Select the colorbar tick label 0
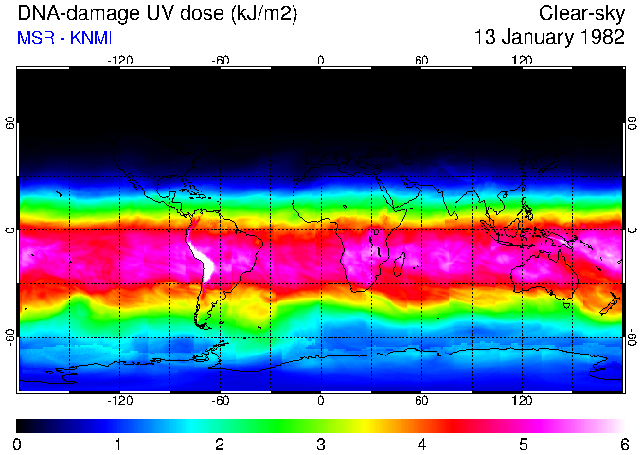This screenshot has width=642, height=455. (18, 445)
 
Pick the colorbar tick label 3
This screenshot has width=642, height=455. (321, 445)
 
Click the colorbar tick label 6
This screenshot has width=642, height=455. (624, 445)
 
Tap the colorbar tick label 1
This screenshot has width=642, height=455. (119, 445)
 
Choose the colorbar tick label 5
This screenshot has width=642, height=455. (523, 445)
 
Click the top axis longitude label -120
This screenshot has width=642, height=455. (119, 61)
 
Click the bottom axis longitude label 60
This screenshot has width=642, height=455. (421, 401)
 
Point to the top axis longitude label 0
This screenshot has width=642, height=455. (321, 61)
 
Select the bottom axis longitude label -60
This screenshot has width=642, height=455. (220, 401)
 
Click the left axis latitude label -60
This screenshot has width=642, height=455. (10, 337)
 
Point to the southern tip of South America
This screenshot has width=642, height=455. (204, 324)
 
